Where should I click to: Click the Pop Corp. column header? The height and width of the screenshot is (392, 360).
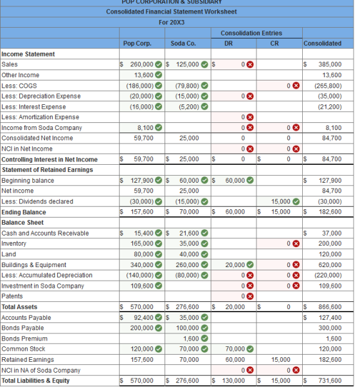tap(137, 44)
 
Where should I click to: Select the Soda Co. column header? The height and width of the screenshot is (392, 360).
tap(183, 44)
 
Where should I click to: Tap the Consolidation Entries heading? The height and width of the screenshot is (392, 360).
tap(251, 33)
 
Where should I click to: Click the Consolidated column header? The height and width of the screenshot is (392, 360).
tap(322, 44)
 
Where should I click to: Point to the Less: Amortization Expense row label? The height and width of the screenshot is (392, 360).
tap(40, 117)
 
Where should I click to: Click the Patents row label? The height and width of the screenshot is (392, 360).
tap(12, 296)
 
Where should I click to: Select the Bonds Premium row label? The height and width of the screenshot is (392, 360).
tap(24, 339)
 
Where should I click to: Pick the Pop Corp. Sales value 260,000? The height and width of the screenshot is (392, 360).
tap(141, 64)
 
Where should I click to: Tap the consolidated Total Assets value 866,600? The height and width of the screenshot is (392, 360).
tap(330, 307)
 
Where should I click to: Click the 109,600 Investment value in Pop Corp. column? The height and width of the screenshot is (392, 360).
tap(142, 286)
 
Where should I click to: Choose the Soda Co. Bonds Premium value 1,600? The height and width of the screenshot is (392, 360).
tap(191, 339)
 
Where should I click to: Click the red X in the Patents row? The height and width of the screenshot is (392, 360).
tap(250, 297)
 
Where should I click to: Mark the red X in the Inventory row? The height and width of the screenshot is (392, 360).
tap(296, 244)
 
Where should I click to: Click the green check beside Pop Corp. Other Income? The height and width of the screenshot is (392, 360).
tap(159, 75)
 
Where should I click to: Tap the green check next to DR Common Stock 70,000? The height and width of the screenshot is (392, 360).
tap(250, 349)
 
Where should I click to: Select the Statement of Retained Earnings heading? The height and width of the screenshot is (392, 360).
tap(48, 170)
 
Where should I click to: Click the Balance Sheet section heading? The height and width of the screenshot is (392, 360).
tap(22, 223)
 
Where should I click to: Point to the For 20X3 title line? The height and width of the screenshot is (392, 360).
tap(172, 23)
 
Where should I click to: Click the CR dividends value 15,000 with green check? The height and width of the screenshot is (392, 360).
tap(281, 201)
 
